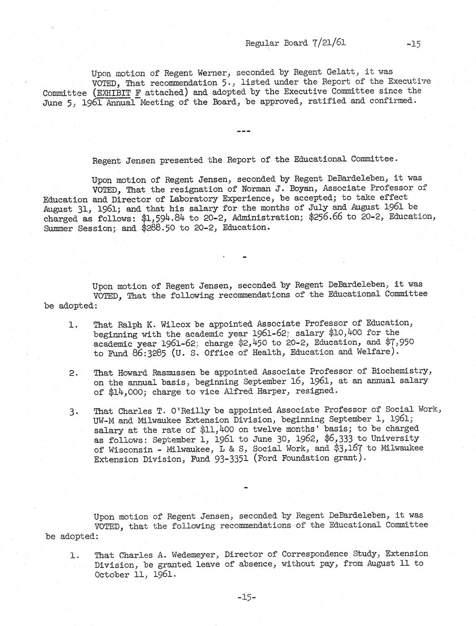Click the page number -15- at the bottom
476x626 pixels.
pyautogui.click(x=246, y=598)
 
